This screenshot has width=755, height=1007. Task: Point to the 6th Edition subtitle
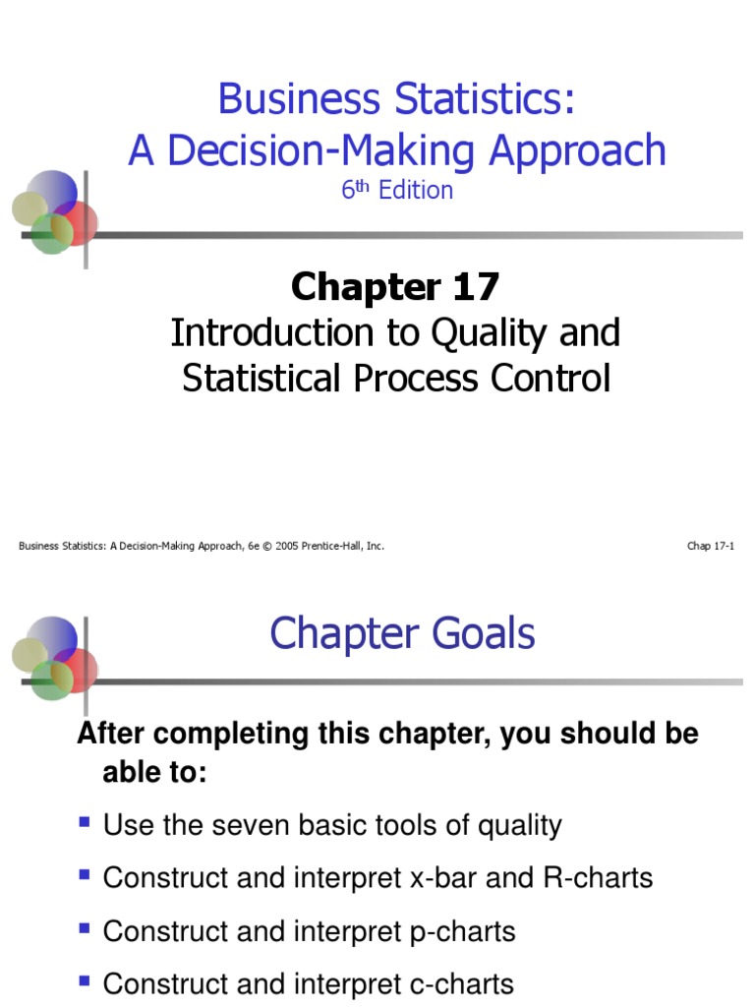[x=397, y=190]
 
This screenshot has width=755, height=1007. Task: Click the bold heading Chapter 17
[x=395, y=287]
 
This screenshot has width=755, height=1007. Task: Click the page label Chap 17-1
[x=711, y=546]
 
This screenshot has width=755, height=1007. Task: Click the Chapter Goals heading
[x=402, y=633]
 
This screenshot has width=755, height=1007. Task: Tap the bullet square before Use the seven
[x=86, y=821]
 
